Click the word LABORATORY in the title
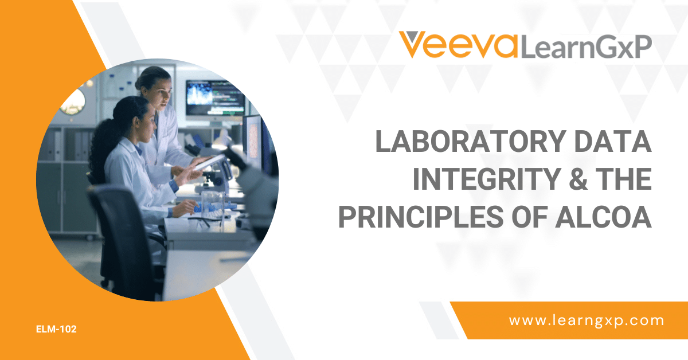(x=471, y=141)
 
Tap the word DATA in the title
(x=613, y=141)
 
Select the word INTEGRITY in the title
(x=487, y=179)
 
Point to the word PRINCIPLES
(x=420, y=217)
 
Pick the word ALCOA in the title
(x=603, y=217)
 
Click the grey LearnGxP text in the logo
(x=586, y=47)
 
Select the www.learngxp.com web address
(x=587, y=320)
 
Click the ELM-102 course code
(x=56, y=329)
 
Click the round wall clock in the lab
(x=73, y=102)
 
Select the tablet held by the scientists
(x=209, y=162)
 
